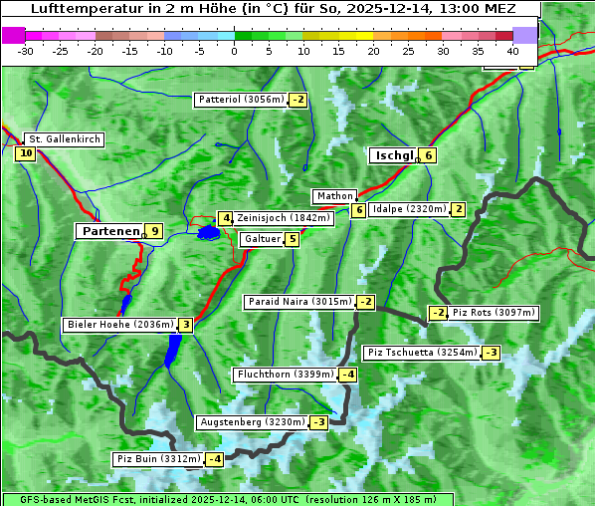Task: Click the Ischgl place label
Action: point(393,155)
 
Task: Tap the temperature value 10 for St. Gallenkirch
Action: point(25,153)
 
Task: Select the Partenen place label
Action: point(109,231)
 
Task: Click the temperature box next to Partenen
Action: point(153,231)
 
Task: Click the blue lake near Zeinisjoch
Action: point(208,232)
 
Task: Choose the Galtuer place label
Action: point(262,239)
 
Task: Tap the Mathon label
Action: point(333,196)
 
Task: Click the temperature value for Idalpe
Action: point(458,209)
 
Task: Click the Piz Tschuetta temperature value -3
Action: point(492,353)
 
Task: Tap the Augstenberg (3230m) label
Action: point(252,422)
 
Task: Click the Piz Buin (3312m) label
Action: point(158,459)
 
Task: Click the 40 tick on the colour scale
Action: point(512,50)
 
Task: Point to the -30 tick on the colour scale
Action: point(26,50)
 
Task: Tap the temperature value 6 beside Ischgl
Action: point(428,155)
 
